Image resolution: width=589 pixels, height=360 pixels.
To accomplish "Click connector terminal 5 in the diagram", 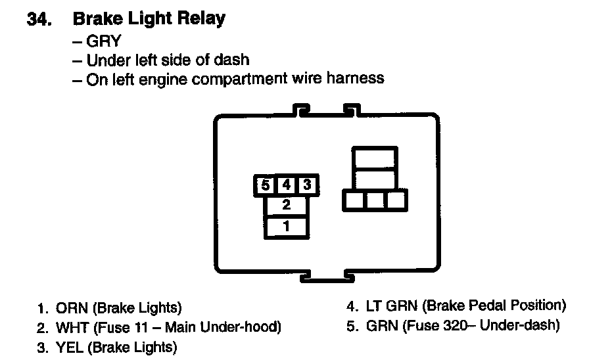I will [265, 185].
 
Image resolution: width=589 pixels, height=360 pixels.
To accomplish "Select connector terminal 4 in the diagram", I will [286, 185].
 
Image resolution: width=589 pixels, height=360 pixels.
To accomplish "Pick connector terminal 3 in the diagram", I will [307, 185].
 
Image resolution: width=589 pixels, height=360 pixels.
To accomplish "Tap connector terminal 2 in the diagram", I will [286, 205].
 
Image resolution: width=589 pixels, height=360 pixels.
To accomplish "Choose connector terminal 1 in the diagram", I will [286, 227].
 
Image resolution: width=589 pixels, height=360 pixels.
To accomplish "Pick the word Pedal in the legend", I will [485, 305].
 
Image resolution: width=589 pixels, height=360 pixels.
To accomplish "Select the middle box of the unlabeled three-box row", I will [375, 200].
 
